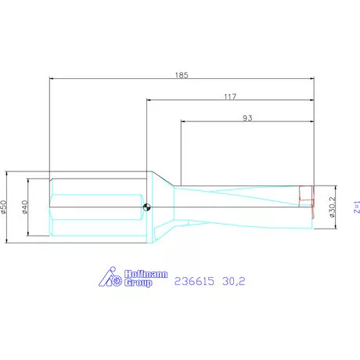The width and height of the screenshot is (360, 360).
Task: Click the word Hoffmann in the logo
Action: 146,273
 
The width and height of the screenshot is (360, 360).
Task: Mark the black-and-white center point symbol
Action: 147,207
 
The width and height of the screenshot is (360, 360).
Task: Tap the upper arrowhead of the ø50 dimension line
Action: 9,173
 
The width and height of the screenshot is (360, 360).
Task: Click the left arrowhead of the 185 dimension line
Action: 52,78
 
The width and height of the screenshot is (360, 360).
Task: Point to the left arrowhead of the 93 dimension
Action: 184,121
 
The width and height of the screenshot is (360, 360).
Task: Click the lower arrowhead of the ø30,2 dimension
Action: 337,228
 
